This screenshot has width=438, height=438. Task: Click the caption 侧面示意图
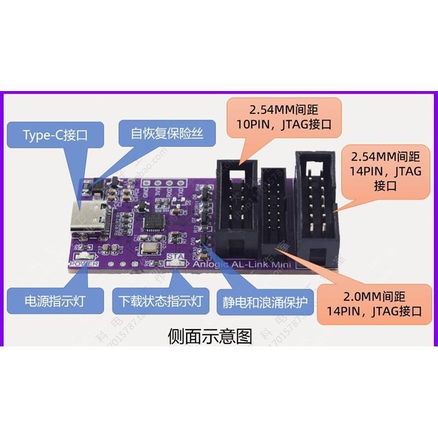(x=210, y=335)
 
